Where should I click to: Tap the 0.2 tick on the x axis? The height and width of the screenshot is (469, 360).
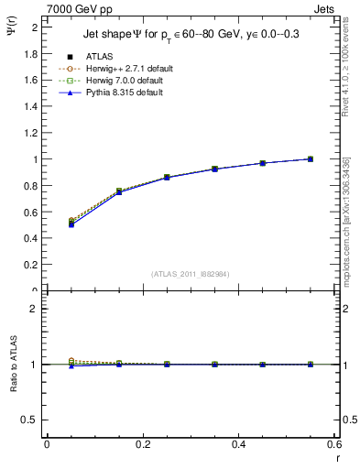(142, 444)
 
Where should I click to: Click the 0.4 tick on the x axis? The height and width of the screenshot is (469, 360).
(238, 444)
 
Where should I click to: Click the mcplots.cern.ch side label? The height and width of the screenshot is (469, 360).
(352, 220)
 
